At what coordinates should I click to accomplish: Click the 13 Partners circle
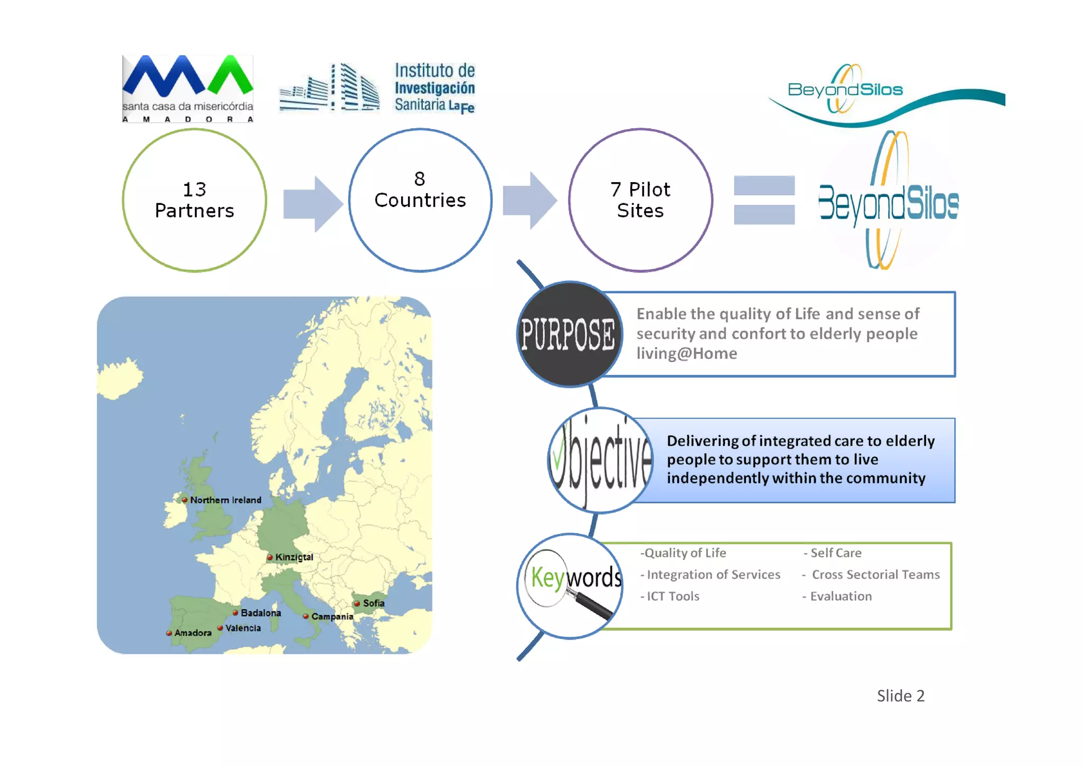(194, 200)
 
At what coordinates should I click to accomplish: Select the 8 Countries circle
(420, 200)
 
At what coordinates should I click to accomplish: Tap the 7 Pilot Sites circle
(640, 200)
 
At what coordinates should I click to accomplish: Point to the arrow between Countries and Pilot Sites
(529, 201)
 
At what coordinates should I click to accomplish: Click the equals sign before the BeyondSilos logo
(764, 200)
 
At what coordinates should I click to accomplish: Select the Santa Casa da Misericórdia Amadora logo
(188, 89)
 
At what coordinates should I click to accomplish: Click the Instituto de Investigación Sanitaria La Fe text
(435, 88)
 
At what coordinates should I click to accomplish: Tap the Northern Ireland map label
(225, 500)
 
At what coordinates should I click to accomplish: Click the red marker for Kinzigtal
(270, 557)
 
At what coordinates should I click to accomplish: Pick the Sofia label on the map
(374, 603)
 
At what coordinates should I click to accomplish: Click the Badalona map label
(260, 612)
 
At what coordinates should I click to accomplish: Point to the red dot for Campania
(306, 616)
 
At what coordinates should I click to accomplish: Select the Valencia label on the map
(243, 628)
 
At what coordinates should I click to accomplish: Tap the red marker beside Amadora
(169, 633)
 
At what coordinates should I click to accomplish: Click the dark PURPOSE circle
(568, 334)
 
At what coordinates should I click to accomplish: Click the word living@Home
(686, 353)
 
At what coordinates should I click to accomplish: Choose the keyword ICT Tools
(673, 596)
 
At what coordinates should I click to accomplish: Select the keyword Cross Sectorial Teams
(875, 574)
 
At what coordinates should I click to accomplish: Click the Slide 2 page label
(900, 696)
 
